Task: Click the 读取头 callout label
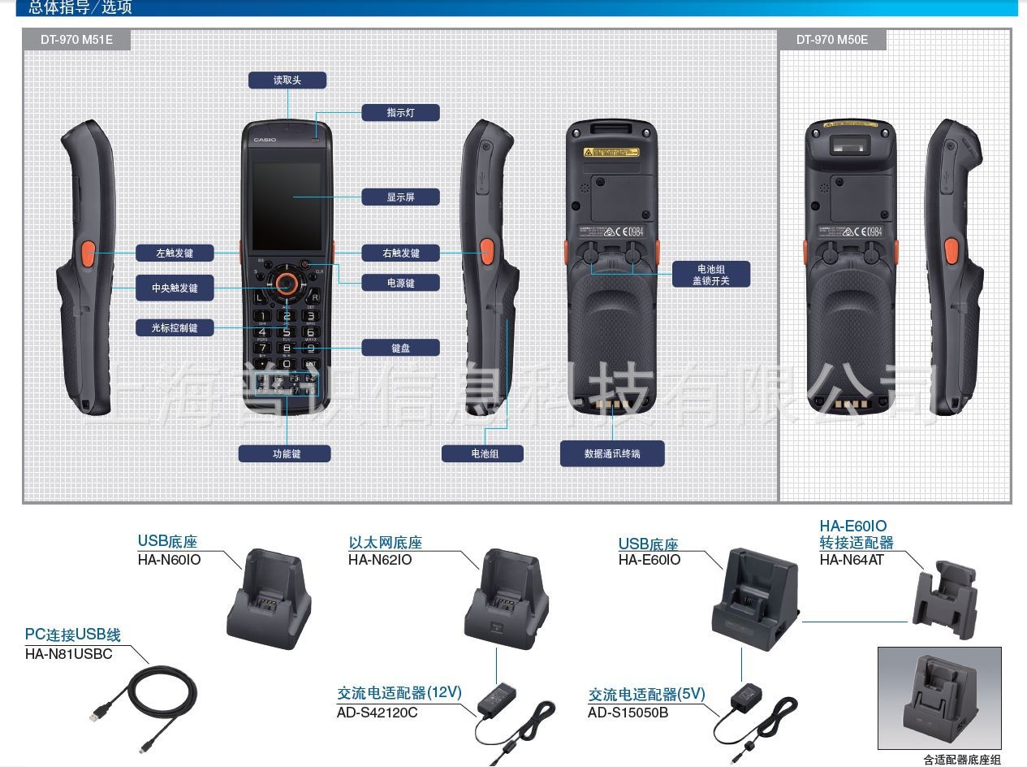(287, 80)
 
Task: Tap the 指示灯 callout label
(400, 113)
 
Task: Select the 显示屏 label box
(400, 197)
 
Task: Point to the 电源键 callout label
(400, 283)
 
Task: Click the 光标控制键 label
(175, 327)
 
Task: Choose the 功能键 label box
(285, 453)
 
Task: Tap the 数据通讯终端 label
(612, 453)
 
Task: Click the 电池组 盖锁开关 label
(711, 274)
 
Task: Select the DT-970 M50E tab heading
(832, 39)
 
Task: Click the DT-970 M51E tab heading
(77, 39)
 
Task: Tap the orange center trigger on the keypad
(285, 283)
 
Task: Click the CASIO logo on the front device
(265, 140)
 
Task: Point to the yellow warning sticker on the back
(611, 152)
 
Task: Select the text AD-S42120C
(378, 713)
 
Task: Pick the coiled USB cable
(154, 703)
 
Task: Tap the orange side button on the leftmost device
(88, 257)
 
